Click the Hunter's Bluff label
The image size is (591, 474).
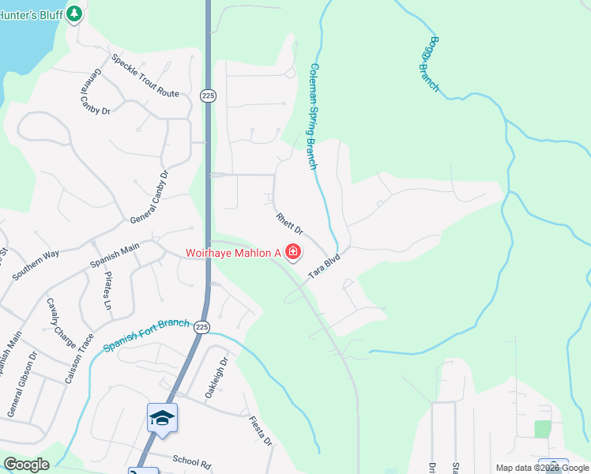click(30, 13)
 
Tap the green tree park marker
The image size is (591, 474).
click(74, 13)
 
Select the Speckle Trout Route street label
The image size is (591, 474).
click(145, 75)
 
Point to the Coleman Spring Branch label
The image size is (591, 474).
click(314, 117)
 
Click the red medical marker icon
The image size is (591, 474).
click(294, 253)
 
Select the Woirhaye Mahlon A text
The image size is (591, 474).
click(234, 254)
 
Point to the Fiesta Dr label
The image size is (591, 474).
click(261, 431)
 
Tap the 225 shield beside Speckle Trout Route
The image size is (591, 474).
click(208, 95)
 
